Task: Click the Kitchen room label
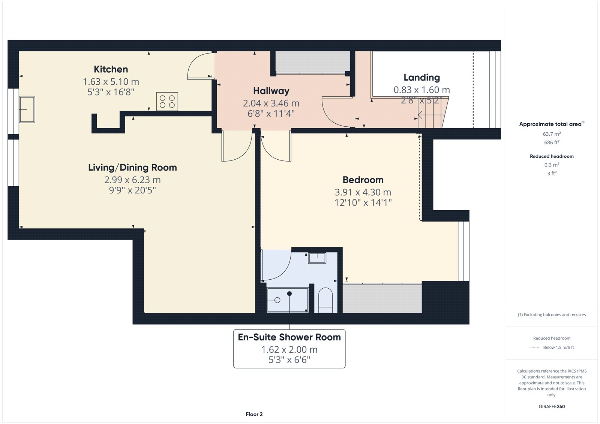[x=111, y=69]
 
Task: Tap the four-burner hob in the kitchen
[x=167, y=102]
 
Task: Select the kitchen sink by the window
[x=27, y=109]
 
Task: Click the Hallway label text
[x=271, y=91]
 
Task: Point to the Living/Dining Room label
[x=133, y=168]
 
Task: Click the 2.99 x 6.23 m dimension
[x=133, y=180]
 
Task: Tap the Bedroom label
[x=363, y=180]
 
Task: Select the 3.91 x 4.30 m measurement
[x=363, y=192]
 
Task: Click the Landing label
[x=421, y=77]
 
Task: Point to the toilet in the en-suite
[x=325, y=300]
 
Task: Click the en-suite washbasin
[x=317, y=258]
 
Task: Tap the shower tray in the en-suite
[x=288, y=300]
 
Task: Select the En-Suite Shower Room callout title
[x=289, y=337]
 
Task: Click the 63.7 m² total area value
[x=552, y=134]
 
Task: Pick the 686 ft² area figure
[x=552, y=142]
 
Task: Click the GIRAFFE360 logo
[x=552, y=406]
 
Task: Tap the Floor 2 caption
[x=254, y=414]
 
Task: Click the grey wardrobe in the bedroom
[x=382, y=298]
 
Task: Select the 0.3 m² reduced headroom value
[x=552, y=165]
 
